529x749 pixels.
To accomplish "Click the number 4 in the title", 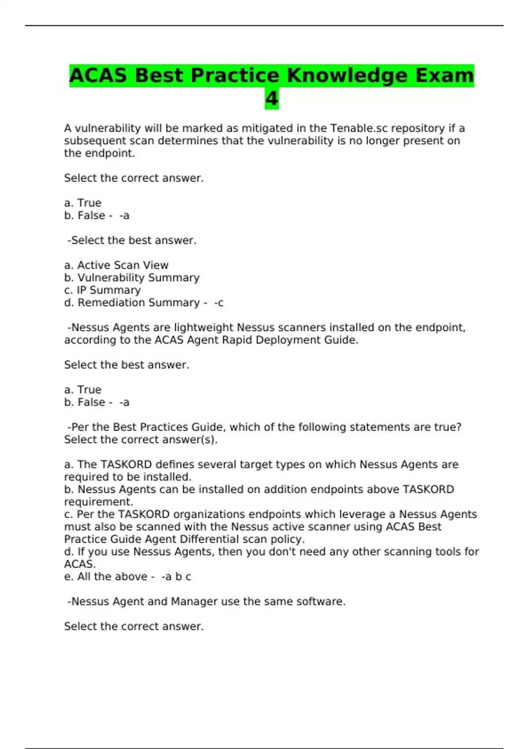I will pyautogui.click(x=272, y=99).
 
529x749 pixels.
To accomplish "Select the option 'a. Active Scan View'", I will pyautogui.click(x=116, y=265).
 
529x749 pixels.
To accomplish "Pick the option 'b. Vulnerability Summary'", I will pyautogui.click(x=132, y=278).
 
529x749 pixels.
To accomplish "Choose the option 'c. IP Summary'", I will pyautogui.click(x=102, y=290).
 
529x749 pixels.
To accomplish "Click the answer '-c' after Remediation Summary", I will pyautogui.click(x=219, y=303).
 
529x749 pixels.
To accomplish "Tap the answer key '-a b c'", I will pyautogui.click(x=176, y=577).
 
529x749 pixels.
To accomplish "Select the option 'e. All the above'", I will pyautogui.click(x=106, y=577).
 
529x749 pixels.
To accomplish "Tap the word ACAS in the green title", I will pyautogui.click(x=98, y=75).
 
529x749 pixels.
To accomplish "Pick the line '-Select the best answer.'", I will pyautogui.click(x=131, y=241).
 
